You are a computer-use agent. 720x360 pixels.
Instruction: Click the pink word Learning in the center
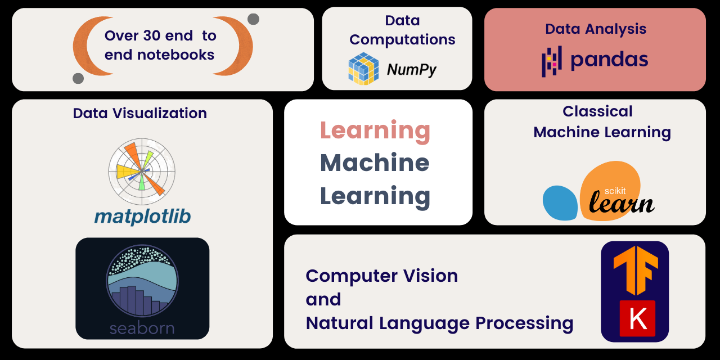pos(375,130)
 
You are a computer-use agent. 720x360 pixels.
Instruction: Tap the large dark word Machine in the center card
pos(375,163)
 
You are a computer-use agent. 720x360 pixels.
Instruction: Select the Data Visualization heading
pos(139,113)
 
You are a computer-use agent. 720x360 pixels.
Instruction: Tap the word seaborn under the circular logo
pos(142,328)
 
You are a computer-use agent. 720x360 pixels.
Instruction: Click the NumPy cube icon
pos(363,68)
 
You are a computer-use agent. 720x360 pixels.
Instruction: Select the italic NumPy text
pos(411,70)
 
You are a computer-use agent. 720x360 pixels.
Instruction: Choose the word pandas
pos(609,60)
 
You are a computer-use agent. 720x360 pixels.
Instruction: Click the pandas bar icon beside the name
pos(551,61)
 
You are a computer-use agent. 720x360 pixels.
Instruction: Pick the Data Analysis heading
pos(595,29)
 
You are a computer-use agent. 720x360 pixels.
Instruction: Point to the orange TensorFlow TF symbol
pos(635,271)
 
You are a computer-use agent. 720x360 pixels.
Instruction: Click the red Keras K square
pos(637,318)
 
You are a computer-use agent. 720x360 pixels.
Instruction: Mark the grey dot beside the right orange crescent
pos(253,19)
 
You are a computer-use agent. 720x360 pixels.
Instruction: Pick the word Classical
pos(597,111)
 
